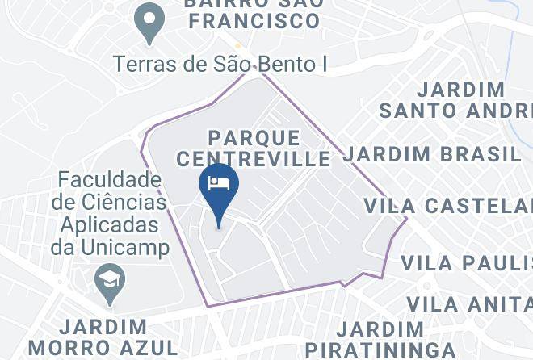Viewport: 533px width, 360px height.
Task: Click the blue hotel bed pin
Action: point(219,186)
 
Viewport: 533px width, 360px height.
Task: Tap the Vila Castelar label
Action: point(448,205)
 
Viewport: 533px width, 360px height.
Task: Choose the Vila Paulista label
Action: point(467,263)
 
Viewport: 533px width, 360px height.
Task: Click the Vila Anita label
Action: point(469,304)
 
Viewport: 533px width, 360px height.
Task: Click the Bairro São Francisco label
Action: point(254,12)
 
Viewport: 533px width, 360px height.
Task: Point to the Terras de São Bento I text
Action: point(220,64)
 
